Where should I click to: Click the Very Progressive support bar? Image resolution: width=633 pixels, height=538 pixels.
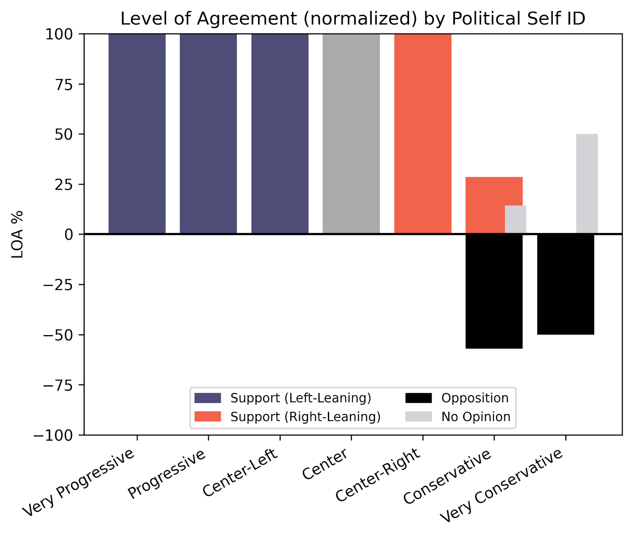pyautogui.click(x=137, y=134)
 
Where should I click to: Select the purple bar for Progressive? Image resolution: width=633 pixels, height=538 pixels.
pyautogui.click(x=208, y=134)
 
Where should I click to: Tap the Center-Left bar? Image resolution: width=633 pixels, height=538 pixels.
pyautogui.click(x=280, y=134)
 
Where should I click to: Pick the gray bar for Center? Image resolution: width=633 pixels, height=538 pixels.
pyautogui.click(x=351, y=134)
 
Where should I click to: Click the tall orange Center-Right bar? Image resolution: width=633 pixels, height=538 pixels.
pyautogui.click(x=423, y=134)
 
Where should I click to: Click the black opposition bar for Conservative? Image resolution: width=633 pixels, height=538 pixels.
pyautogui.click(x=494, y=291)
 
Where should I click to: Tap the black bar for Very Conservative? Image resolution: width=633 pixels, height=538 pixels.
pyautogui.click(x=566, y=284)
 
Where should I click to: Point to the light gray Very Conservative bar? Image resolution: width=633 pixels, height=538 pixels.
pyautogui.click(x=587, y=184)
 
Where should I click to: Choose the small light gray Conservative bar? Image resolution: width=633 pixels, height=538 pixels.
pyautogui.click(x=515, y=220)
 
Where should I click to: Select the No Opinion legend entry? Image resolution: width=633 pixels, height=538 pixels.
pyautogui.click(x=458, y=417)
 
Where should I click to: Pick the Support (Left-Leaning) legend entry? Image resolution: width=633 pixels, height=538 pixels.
pyautogui.click(x=283, y=398)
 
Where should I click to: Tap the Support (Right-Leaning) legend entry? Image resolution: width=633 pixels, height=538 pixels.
pyautogui.click(x=288, y=417)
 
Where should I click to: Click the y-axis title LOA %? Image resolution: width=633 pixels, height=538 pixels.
pyautogui.click(x=17, y=234)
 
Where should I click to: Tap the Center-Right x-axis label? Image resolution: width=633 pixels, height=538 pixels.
pyautogui.click(x=378, y=475)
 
